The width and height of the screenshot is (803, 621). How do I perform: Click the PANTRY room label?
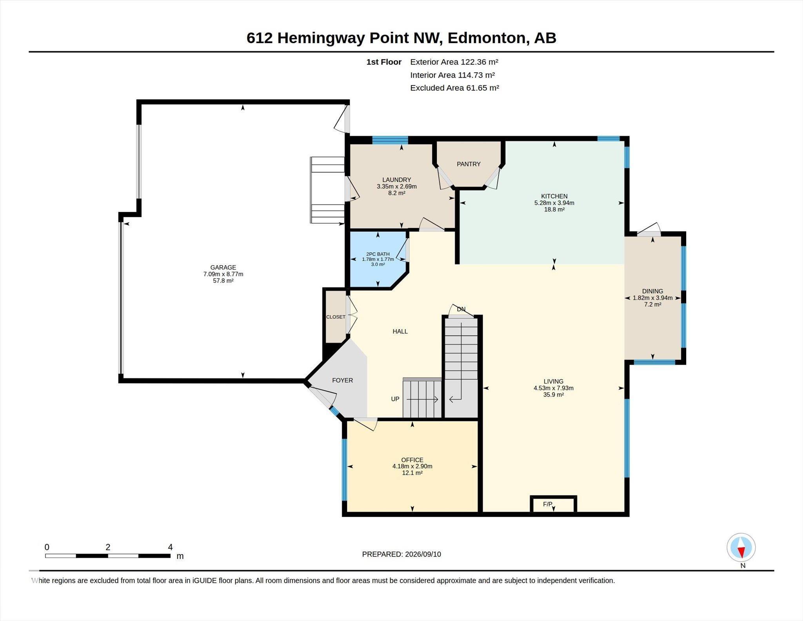pos(469,164)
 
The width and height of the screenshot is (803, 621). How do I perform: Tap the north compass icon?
pos(741,548)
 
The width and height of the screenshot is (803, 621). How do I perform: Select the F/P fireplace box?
pos(553,504)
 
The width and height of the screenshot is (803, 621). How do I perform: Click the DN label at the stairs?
pos(461,309)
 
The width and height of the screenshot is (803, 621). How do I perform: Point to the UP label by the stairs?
pos(395,399)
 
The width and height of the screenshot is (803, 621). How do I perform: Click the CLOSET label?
pos(336,317)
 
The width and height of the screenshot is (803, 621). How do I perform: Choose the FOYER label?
pos(342,380)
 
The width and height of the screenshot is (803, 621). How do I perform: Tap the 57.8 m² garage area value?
pos(223,281)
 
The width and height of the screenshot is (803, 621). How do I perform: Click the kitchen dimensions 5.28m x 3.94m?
pos(554,203)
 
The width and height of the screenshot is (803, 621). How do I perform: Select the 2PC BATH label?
pos(378,254)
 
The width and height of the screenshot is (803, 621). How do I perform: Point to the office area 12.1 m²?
pos(412,473)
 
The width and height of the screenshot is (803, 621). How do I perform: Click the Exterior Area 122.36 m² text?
pos(454,62)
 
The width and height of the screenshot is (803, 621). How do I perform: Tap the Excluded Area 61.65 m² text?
pos(454,88)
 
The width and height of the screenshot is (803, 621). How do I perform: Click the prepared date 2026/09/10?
pos(423,554)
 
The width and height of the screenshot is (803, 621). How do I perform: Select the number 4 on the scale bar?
pos(170,547)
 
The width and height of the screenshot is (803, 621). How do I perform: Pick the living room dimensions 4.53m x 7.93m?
pos(553,388)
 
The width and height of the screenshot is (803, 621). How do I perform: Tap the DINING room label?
pos(652,291)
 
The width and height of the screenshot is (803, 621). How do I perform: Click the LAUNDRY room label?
pos(396,180)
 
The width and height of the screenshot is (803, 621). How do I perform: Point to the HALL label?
pos(400,331)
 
